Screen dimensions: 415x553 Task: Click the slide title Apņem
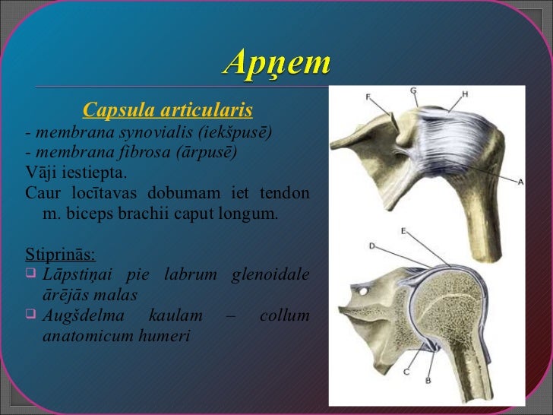click(x=276, y=62)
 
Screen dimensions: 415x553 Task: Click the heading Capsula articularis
click(x=167, y=111)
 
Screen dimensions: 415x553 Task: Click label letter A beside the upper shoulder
click(x=520, y=182)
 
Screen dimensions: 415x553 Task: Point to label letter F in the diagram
click(x=368, y=97)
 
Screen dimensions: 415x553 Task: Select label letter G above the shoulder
click(x=413, y=90)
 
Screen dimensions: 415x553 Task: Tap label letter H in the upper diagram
click(x=464, y=94)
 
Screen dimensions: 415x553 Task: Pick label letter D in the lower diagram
click(x=372, y=246)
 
